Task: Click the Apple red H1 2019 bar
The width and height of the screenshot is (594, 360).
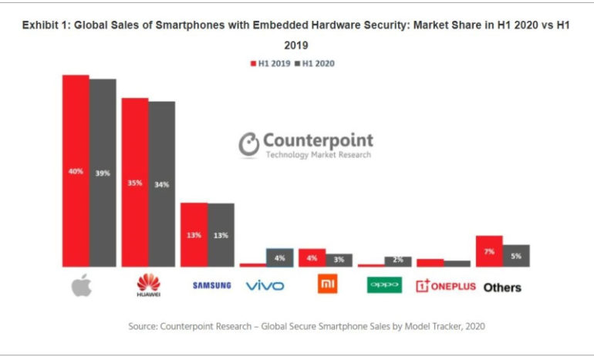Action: click(76, 170)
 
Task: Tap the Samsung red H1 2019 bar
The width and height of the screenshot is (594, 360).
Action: click(194, 234)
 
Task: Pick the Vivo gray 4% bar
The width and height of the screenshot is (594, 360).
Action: click(280, 257)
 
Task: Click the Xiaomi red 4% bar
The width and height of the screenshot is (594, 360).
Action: click(312, 257)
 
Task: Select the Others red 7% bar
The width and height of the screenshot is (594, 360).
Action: click(489, 251)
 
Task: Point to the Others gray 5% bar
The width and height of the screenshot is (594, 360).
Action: click(517, 256)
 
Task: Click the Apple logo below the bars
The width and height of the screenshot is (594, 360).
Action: click(82, 285)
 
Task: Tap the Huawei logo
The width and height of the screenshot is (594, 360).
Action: click(147, 286)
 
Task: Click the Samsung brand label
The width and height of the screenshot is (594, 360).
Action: click(211, 286)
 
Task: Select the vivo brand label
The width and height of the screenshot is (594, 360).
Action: click(265, 286)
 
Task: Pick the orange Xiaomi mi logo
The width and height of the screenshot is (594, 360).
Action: click(327, 285)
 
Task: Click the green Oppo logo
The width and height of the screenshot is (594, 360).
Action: click(383, 285)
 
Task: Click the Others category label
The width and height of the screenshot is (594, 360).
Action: click(502, 288)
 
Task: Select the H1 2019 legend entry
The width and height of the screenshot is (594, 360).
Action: click(269, 63)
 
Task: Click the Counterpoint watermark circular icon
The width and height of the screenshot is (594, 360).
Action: click(248, 144)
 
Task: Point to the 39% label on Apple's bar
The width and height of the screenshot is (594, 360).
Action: click(103, 173)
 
